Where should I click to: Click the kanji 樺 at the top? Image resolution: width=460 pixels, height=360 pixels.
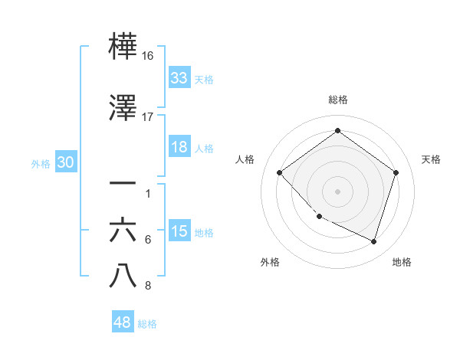123,47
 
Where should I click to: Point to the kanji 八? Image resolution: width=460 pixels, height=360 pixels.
123,276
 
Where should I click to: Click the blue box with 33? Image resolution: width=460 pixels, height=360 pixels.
179,77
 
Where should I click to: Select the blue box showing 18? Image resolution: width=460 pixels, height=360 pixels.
179,147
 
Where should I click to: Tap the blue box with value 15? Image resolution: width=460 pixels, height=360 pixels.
179,232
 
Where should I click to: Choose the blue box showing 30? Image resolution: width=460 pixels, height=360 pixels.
65,163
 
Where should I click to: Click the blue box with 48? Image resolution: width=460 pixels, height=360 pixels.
123,322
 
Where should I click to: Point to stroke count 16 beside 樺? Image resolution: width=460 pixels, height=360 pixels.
148,57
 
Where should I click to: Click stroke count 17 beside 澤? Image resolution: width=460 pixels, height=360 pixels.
148,116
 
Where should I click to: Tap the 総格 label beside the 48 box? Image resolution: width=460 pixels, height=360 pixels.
147,324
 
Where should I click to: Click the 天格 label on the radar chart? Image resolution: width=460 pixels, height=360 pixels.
431,159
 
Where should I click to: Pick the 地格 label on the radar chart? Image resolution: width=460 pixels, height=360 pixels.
402,262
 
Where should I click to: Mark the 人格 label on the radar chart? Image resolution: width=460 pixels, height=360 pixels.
245,159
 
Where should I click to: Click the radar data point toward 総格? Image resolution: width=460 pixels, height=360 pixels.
337,130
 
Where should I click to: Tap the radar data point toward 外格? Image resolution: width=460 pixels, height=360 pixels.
319,217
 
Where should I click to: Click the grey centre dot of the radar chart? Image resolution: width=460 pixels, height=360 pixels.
337,191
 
